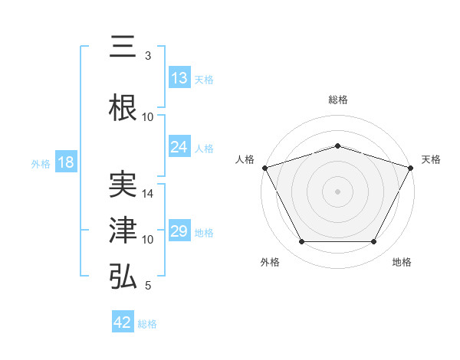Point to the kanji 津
(x=123, y=231)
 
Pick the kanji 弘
(x=123, y=277)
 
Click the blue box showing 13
(x=179, y=78)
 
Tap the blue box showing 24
(x=179, y=147)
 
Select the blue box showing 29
(x=179, y=231)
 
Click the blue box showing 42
(x=123, y=322)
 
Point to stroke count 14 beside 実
(x=148, y=195)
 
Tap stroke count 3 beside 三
(x=148, y=57)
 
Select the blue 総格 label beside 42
(x=147, y=324)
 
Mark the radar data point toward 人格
(x=264, y=168)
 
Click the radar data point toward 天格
(x=411, y=168)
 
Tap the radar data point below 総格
(x=337, y=146)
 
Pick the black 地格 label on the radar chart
(x=402, y=262)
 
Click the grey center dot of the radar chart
(x=337, y=191)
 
